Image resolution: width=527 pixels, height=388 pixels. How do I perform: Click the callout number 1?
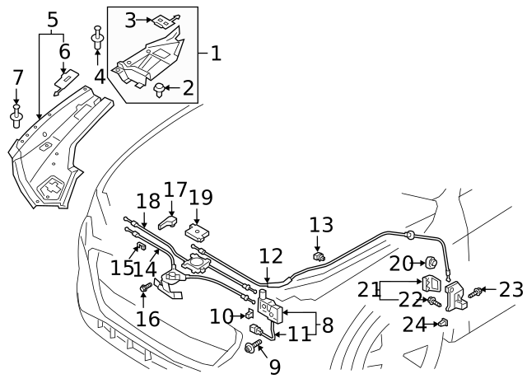215,54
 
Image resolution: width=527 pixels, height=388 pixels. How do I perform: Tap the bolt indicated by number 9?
250,349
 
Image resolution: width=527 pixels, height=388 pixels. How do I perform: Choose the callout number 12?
271,256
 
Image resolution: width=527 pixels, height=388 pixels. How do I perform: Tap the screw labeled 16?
146,286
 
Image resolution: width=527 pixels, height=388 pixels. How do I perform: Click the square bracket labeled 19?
196,231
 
